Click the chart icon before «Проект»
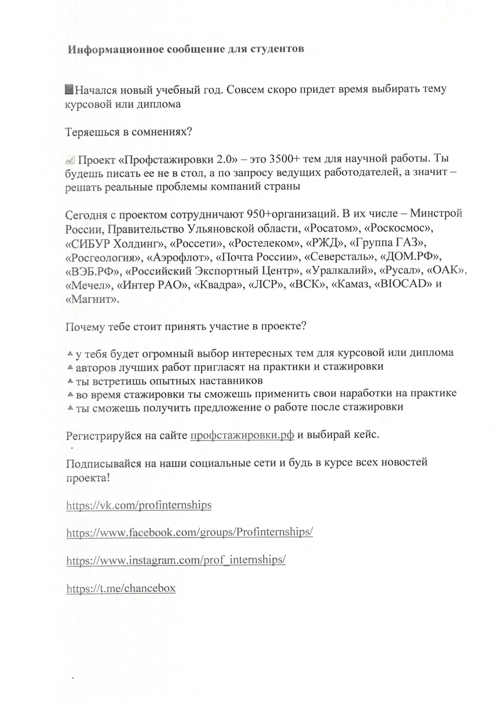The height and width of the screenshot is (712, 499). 70,159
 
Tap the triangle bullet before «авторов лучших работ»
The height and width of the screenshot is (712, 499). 70,367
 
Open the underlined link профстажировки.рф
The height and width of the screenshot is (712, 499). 242,435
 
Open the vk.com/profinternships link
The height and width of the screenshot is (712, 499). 139,505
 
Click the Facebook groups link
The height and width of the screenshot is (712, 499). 189,532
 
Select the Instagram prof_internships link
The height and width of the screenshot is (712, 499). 176,560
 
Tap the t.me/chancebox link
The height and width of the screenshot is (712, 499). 121,588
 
